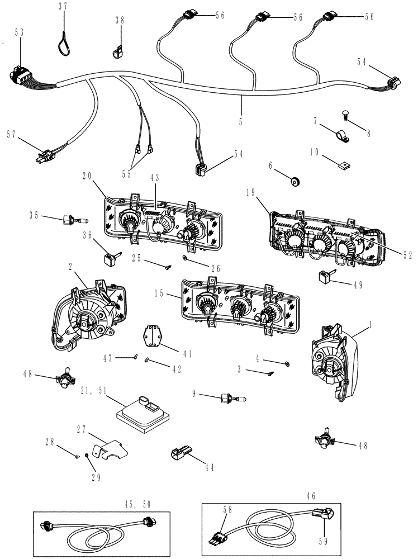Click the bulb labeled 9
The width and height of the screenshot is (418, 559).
(x=231, y=399)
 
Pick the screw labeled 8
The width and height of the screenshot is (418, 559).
(x=345, y=116)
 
